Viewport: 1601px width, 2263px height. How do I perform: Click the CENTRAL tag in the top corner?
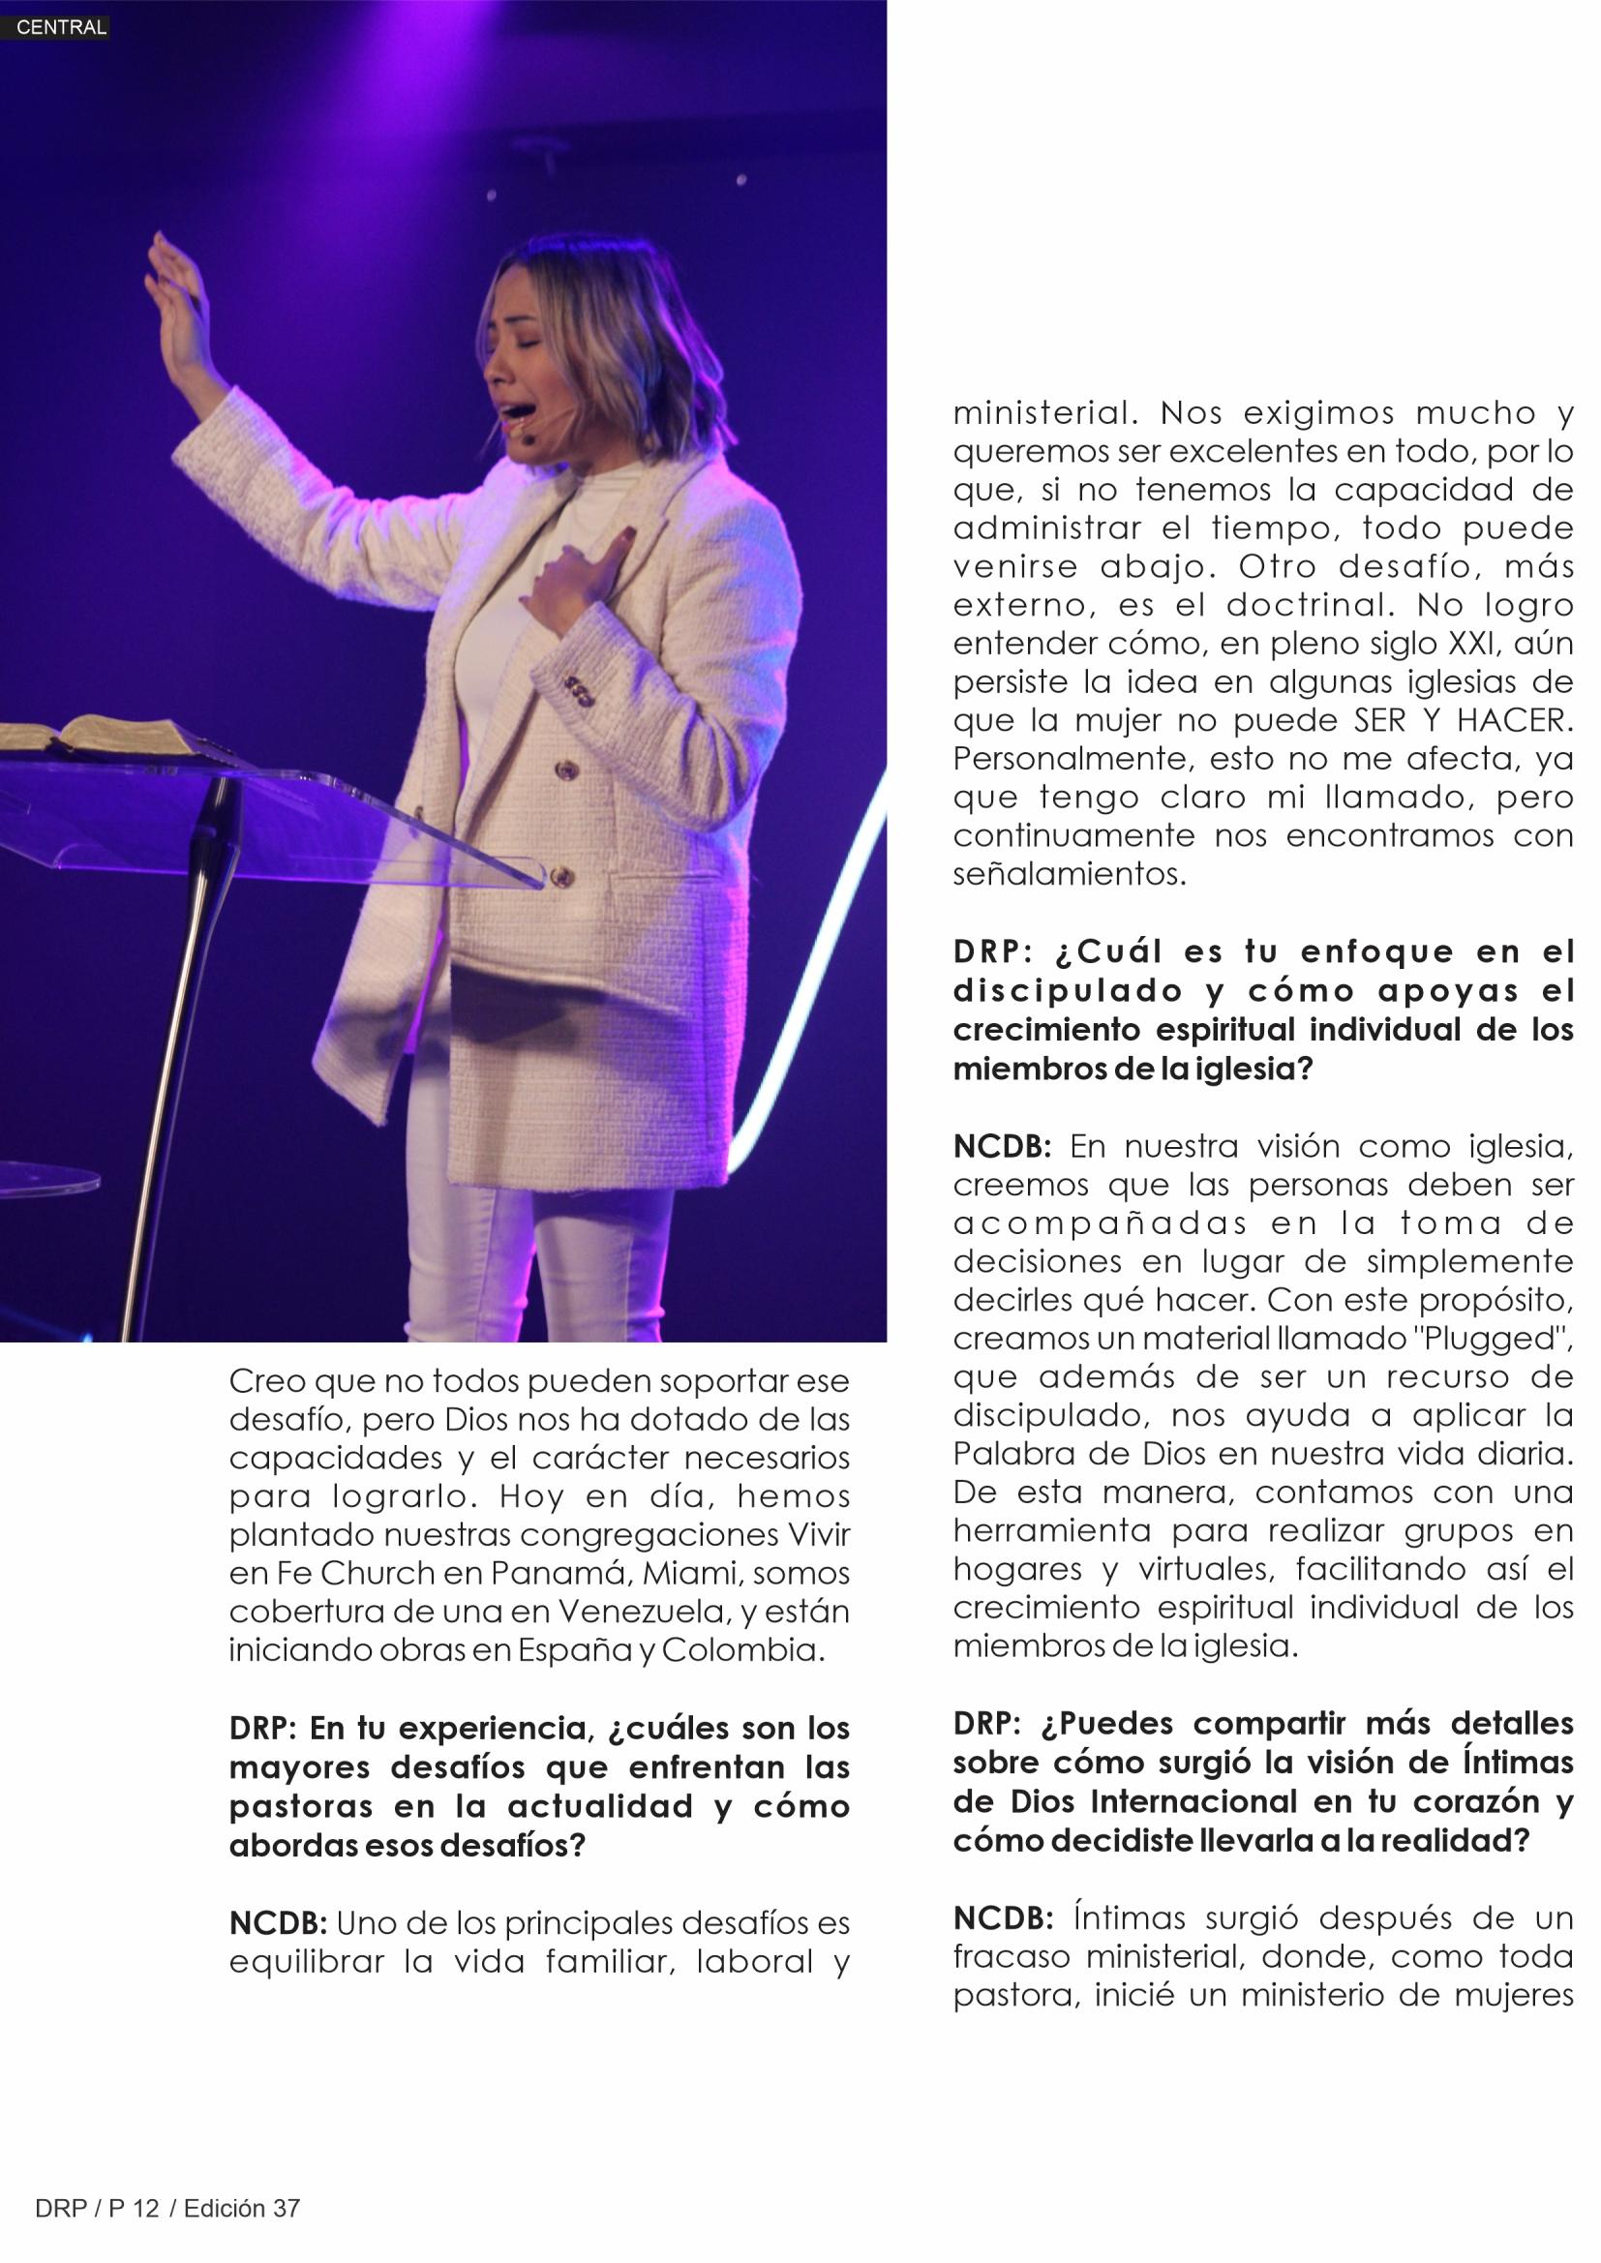[61, 28]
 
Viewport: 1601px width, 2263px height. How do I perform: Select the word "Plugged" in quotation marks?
[1490, 1340]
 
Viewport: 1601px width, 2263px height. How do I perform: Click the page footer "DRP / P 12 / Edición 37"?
[166, 2209]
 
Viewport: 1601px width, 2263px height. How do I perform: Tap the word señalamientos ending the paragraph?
[1070, 874]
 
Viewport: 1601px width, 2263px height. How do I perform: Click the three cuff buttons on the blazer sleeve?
[579, 691]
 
